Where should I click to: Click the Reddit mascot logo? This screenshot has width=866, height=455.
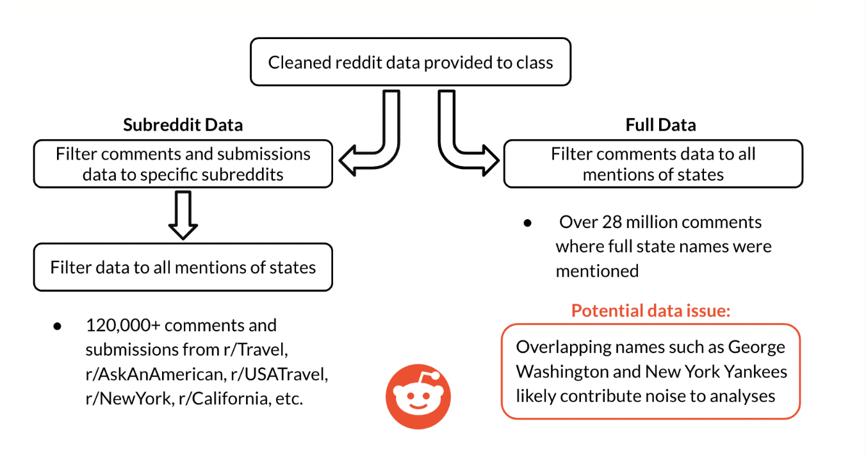[x=418, y=396]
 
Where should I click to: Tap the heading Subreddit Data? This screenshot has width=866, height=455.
[x=183, y=125]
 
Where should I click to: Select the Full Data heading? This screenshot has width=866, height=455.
[x=661, y=125]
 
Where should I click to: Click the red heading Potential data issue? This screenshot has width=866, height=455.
[x=651, y=310]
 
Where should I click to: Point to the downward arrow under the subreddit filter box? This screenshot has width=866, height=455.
[x=183, y=215]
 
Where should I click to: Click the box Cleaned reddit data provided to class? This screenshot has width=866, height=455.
[x=411, y=62]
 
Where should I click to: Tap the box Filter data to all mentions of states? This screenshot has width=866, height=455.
[x=183, y=267]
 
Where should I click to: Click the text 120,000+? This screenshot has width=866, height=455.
[x=123, y=325]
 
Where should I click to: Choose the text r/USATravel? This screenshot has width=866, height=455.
[x=279, y=374]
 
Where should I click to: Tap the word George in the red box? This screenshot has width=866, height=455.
[x=756, y=347]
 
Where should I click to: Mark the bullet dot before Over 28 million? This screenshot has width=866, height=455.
[x=527, y=223]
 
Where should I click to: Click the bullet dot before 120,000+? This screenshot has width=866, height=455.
[x=57, y=326]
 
